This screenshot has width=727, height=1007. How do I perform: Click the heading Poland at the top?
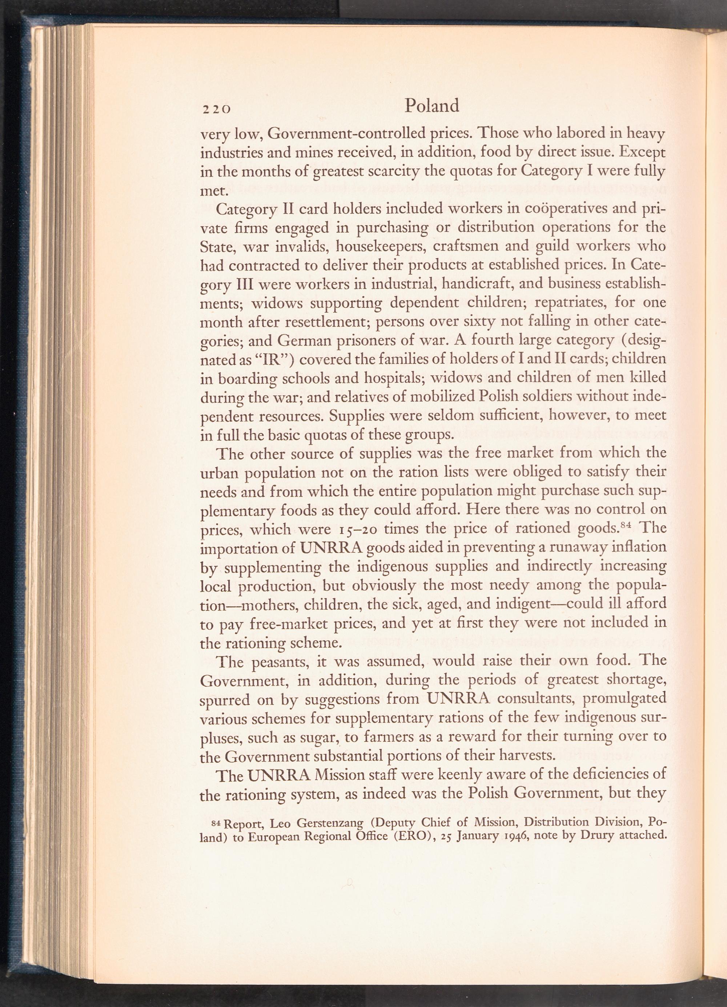(432, 106)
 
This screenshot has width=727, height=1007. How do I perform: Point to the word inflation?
(639, 547)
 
